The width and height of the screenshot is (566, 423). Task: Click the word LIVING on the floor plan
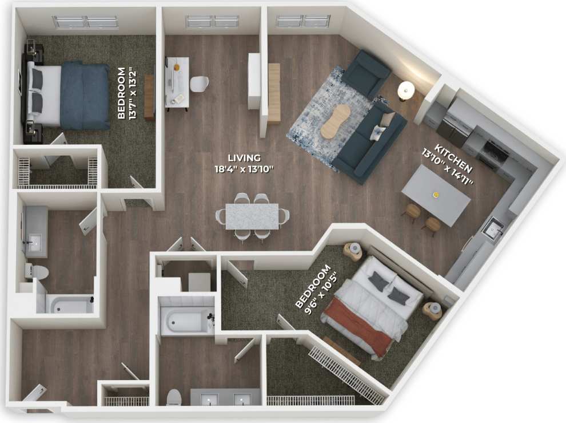click(244, 157)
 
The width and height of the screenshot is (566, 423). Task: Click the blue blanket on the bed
click(86, 96)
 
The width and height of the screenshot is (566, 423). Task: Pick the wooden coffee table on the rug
click(335, 121)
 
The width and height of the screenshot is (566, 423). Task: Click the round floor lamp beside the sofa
click(406, 89)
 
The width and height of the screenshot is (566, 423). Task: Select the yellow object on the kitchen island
click(436, 195)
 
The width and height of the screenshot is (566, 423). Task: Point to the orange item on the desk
click(177, 67)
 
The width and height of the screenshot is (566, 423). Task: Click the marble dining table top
click(252, 216)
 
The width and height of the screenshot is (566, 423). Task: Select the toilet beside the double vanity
click(173, 397)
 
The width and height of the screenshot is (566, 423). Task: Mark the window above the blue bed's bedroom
click(86, 22)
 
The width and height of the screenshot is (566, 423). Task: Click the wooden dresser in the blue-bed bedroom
click(149, 97)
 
